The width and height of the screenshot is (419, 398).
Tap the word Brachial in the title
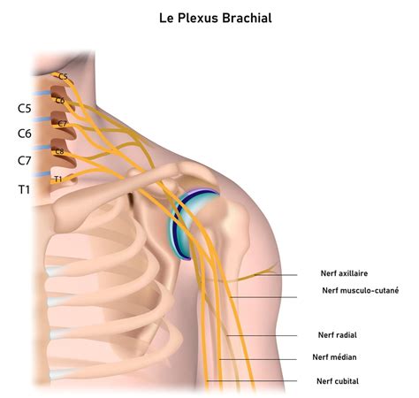(247, 18)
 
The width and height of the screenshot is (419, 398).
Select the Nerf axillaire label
(344, 273)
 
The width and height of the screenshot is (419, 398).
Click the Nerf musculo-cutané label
(361, 290)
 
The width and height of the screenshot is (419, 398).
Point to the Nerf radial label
(338, 335)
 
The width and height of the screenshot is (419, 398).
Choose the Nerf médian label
(334, 357)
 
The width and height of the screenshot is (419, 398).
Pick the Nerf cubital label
(338, 381)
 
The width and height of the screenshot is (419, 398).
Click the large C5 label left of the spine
(25, 109)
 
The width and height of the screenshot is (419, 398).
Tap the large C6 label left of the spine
(25, 134)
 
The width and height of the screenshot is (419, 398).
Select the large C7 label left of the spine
(25, 161)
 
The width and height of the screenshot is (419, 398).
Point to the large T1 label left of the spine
(25, 189)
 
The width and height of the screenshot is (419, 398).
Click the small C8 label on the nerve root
(59, 151)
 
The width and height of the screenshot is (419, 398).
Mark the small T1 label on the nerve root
(58, 179)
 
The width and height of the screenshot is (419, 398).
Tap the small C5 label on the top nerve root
(63, 77)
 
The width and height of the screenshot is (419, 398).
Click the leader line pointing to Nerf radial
(262, 335)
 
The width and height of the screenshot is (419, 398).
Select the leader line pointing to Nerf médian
(258, 359)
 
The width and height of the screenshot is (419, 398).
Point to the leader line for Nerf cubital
(252, 381)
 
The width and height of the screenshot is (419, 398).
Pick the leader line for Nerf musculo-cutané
(263, 297)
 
